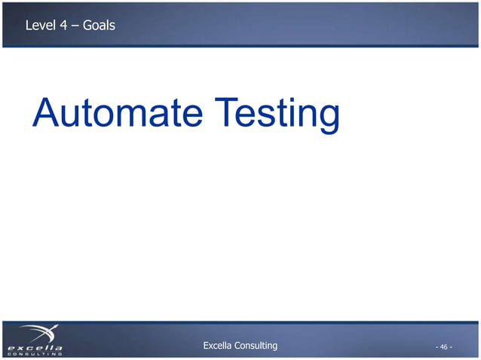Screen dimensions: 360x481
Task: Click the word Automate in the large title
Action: tap(117, 114)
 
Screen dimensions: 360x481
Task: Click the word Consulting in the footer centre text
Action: tap(257, 346)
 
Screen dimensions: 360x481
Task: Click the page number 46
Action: tap(443, 347)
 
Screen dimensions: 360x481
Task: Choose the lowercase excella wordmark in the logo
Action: tap(35, 347)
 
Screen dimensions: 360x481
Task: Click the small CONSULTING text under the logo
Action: tap(35, 354)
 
